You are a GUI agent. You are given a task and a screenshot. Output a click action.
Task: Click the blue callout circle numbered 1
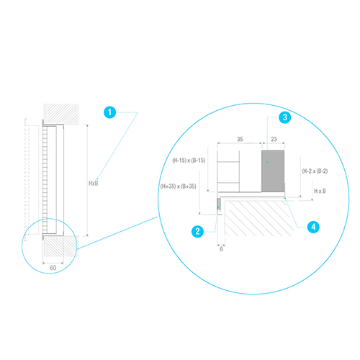click(x=110, y=112)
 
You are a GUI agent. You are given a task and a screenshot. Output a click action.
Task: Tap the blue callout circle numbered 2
click(x=197, y=231)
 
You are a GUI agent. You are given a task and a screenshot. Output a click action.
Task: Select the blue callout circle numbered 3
click(x=285, y=117)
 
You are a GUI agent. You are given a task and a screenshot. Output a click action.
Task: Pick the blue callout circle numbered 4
click(x=313, y=227)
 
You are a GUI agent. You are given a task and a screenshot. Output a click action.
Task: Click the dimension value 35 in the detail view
click(x=240, y=139)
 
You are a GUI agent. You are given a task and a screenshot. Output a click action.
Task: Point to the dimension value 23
click(x=274, y=139)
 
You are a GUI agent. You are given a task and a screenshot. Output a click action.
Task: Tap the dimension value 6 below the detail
click(x=221, y=249)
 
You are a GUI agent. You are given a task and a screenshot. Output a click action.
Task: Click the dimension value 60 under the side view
click(x=53, y=268)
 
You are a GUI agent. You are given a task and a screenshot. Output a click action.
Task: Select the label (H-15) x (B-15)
click(x=189, y=161)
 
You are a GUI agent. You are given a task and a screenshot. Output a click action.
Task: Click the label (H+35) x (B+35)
click(x=178, y=186)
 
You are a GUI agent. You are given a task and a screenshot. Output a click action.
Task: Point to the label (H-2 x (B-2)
click(x=315, y=171)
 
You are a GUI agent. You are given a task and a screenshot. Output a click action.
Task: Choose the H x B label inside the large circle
click(x=320, y=191)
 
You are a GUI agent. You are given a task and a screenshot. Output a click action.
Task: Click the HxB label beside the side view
click(x=94, y=184)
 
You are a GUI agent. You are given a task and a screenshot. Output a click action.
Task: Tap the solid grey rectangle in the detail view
click(x=273, y=171)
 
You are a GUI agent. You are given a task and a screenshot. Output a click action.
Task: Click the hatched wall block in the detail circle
click(x=259, y=218)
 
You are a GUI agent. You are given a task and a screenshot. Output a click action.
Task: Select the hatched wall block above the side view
click(x=61, y=114)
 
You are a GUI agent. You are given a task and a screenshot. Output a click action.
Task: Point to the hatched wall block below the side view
click(x=61, y=246)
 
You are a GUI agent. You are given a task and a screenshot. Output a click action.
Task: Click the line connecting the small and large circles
click(x=117, y=233)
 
